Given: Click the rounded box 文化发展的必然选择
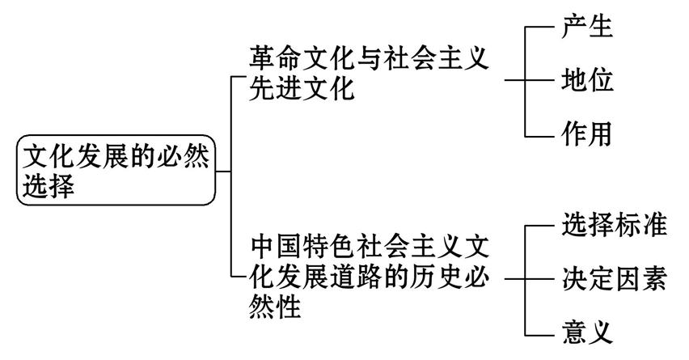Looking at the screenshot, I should [116, 170].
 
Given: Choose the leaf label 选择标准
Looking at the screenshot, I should [613, 226].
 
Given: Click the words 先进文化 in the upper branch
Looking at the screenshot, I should [302, 88].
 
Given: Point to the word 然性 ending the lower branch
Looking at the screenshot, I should [276, 307].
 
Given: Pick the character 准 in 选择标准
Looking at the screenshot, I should [653, 226].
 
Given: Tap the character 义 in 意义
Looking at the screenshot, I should [600, 331].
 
